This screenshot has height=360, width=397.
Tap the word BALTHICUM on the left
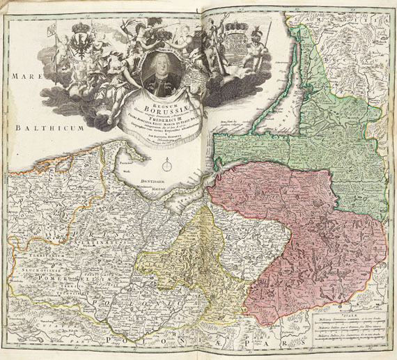point(45,129)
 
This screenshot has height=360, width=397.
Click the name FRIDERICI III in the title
point(163,119)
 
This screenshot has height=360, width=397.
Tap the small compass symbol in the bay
point(167,166)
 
